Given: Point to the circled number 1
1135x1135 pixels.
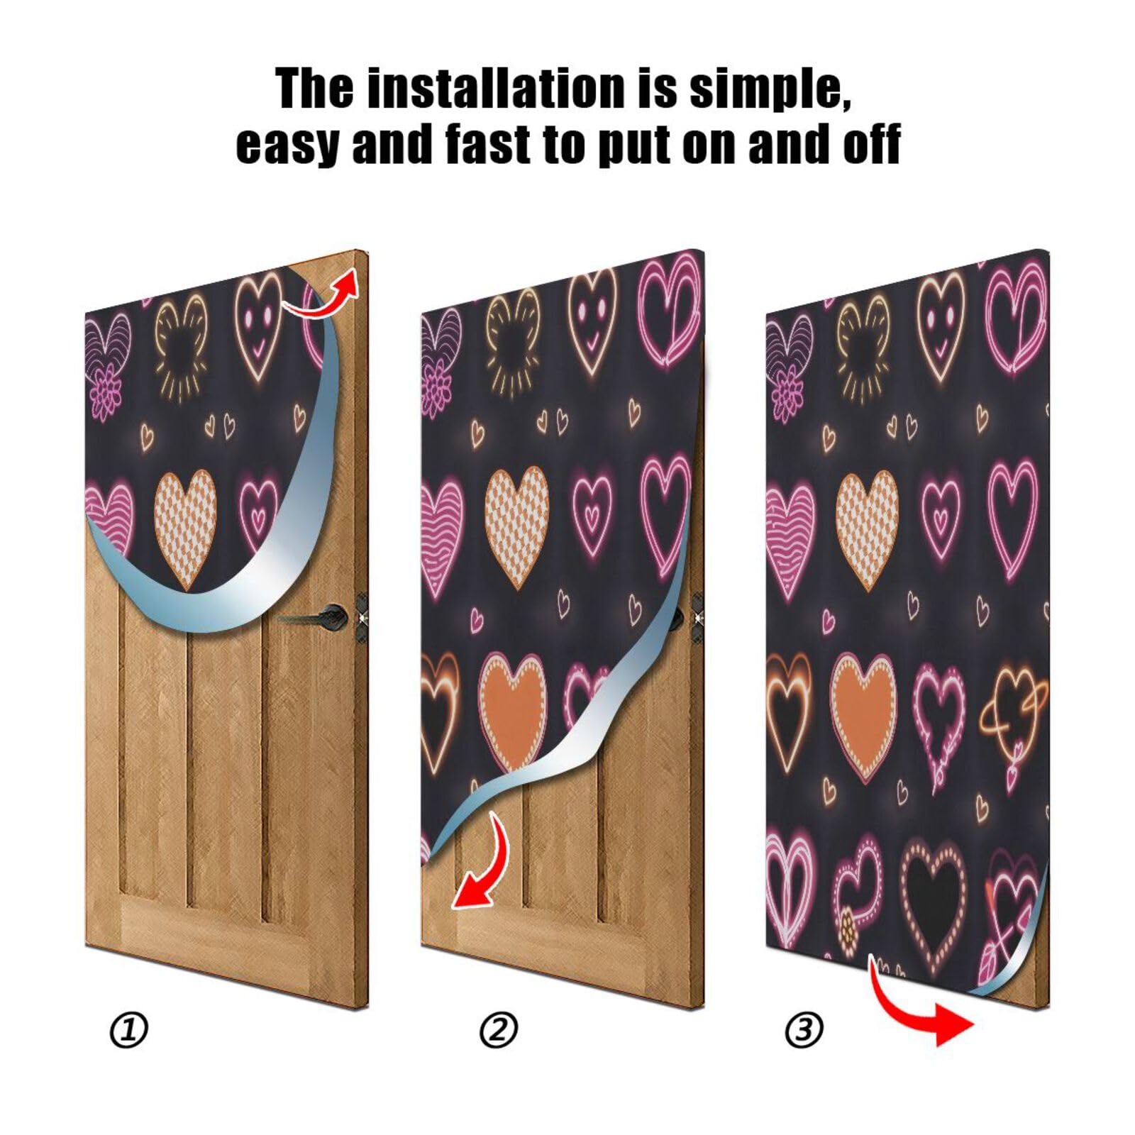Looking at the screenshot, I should (x=129, y=1030).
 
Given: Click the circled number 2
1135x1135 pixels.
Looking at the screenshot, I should (x=499, y=1030).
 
